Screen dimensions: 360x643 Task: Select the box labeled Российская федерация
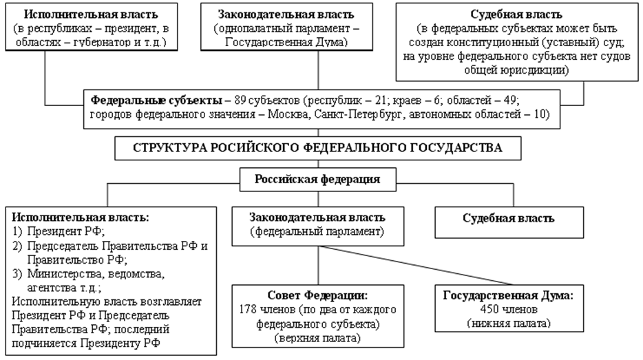tap(318, 180)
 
